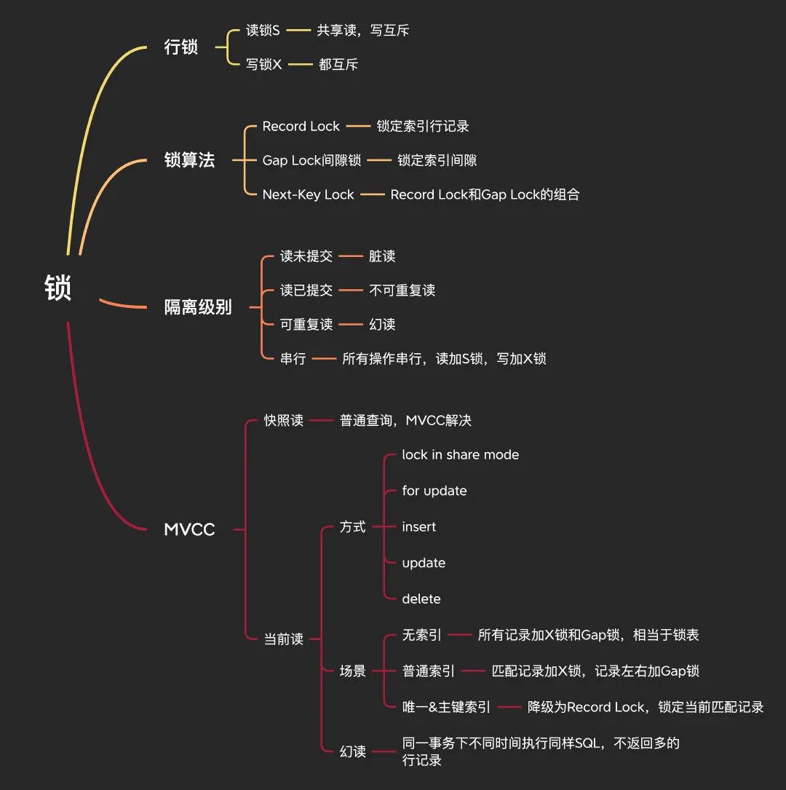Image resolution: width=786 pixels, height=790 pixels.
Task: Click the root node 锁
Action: click(58, 288)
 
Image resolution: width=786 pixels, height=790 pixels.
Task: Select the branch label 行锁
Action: click(181, 47)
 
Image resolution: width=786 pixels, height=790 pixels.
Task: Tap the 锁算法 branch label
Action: click(189, 160)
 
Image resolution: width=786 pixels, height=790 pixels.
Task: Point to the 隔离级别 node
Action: click(198, 307)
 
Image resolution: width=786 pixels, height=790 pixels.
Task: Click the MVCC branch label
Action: click(189, 529)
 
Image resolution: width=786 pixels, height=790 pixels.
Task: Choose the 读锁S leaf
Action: click(263, 31)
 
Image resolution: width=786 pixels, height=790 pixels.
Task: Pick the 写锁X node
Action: click(263, 64)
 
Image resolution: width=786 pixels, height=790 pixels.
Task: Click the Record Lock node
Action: click(301, 126)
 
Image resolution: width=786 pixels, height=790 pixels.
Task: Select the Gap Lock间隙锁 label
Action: click(311, 160)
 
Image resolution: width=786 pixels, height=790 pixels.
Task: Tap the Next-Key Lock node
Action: click(308, 194)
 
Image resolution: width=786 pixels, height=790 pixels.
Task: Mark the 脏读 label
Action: click(382, 256)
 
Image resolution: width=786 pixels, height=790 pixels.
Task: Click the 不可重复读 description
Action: click(402, 290)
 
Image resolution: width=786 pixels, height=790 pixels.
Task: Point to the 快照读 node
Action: click(283, 420)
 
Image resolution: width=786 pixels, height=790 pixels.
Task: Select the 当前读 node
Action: click(283, 639)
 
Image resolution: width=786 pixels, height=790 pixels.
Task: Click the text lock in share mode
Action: click(460, 454)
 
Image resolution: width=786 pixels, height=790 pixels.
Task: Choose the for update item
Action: click(434, 491)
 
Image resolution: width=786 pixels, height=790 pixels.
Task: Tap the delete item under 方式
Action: click(421, 599)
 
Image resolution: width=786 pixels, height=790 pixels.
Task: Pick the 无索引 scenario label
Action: click(421, 635)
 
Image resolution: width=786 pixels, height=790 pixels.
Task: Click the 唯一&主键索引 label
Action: click(446, 706)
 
